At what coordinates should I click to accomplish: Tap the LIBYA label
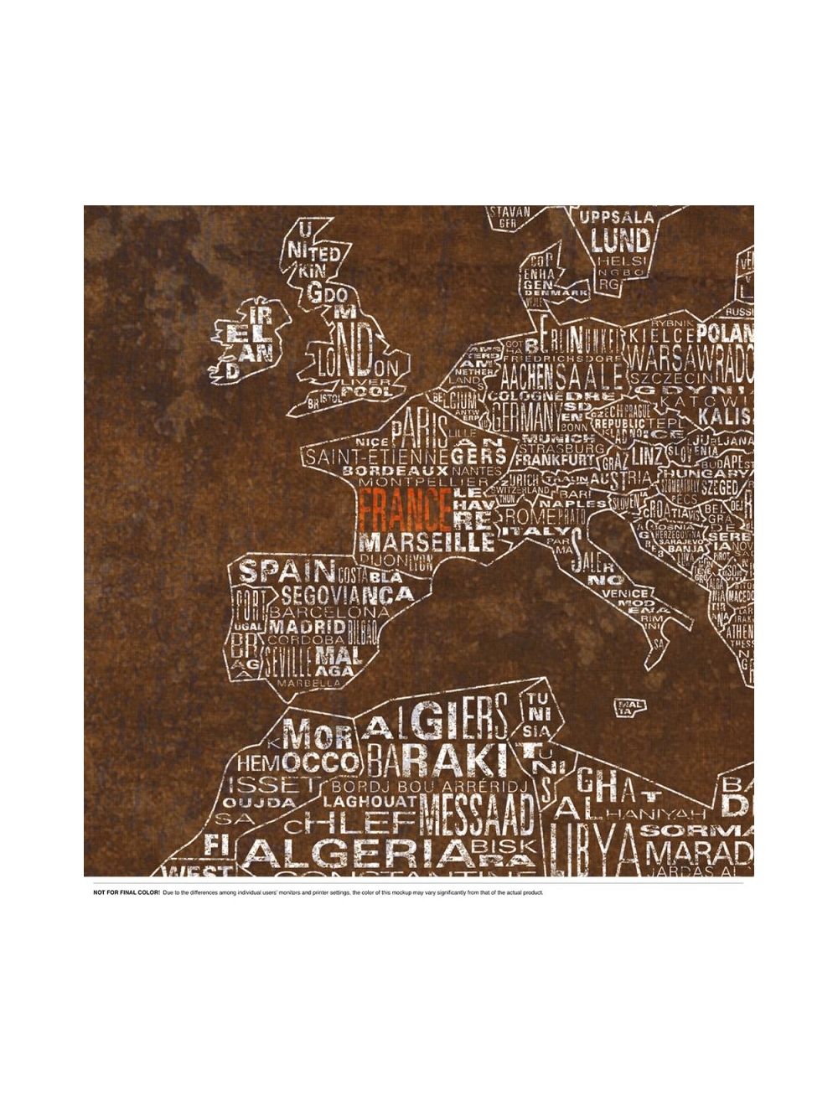(x=594, y=847)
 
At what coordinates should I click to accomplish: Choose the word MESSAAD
(x=477, y=812)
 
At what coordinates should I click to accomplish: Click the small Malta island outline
(x=630, y=708)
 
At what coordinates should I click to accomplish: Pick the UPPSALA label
(x=617, y=218)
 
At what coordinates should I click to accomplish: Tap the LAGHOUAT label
(x=370, y=801)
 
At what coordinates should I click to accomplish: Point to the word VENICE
(x=624, y=593)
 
